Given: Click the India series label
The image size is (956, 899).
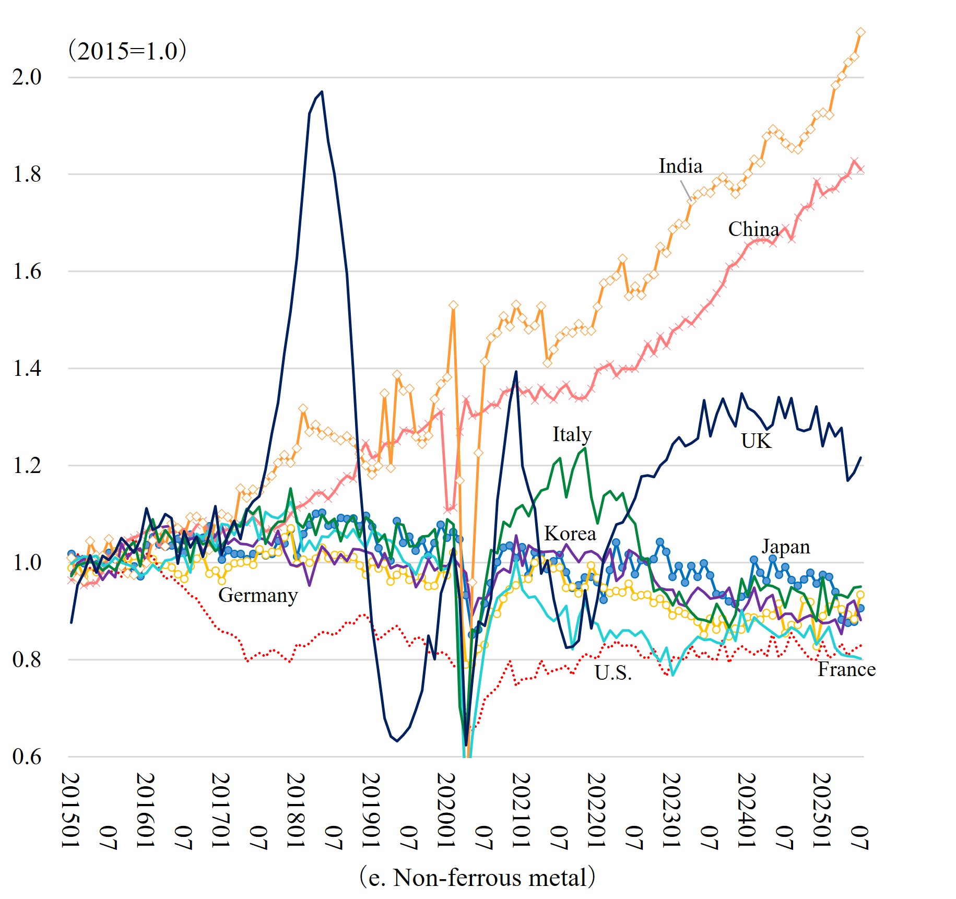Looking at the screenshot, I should coord(680,166).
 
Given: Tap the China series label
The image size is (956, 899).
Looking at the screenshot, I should coord(753,229).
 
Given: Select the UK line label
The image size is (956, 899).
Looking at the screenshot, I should coord(756,441).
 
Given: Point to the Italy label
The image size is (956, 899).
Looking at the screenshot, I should coord(572,434).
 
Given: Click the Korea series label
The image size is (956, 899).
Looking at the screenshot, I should coord(570,534).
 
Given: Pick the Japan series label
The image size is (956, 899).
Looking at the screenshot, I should coord(785,547).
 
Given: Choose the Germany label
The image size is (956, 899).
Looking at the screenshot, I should coord(258,595).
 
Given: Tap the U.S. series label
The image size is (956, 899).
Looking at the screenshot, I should coord(613,673).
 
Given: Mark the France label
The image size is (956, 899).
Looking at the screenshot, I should coord(846,669).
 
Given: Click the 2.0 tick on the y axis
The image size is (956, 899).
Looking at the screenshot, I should coord(27,77).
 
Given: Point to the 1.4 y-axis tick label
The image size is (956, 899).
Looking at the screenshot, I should coord(27,369).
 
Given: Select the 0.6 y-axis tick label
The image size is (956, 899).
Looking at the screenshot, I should coord(27,756).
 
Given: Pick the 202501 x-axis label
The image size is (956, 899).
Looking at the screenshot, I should coord(821,810).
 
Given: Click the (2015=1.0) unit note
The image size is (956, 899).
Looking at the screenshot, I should coord(127,51).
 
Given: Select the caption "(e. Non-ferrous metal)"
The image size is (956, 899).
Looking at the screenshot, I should coord(477,877).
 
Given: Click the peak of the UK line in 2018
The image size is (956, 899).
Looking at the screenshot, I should coord(322,92).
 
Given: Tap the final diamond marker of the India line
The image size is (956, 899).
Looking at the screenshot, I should coord(860,32).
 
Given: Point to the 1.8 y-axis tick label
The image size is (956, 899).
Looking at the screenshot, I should coord(27,174).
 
